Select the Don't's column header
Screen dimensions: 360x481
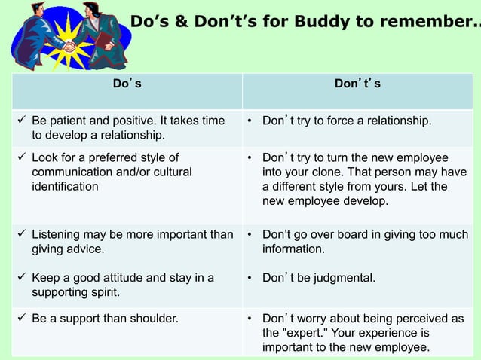(x=357, y=84)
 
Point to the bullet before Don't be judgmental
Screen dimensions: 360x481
(x=250, y=278)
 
